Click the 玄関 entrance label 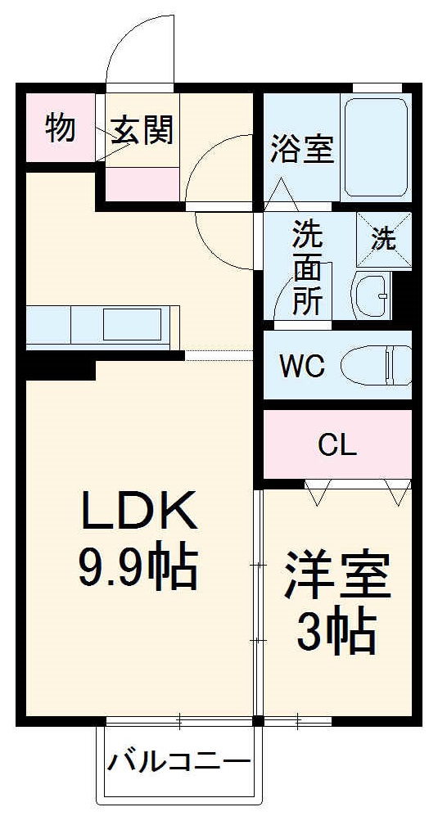(142, 131)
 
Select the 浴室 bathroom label (301, 150)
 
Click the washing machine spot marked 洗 (384, 240)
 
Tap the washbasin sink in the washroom (373, 295)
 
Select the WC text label (302, 366)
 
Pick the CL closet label (337, 445)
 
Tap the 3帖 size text (336, 632)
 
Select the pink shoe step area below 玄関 (142, 184)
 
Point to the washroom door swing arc (287, 291)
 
